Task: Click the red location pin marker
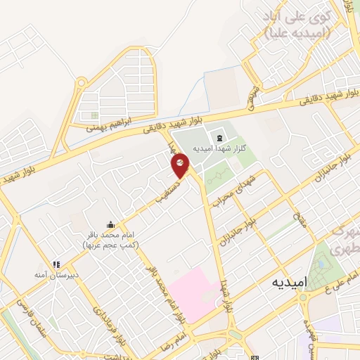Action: point(180,166)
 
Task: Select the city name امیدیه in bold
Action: point(289,281)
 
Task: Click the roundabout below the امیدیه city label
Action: point(304,297)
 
